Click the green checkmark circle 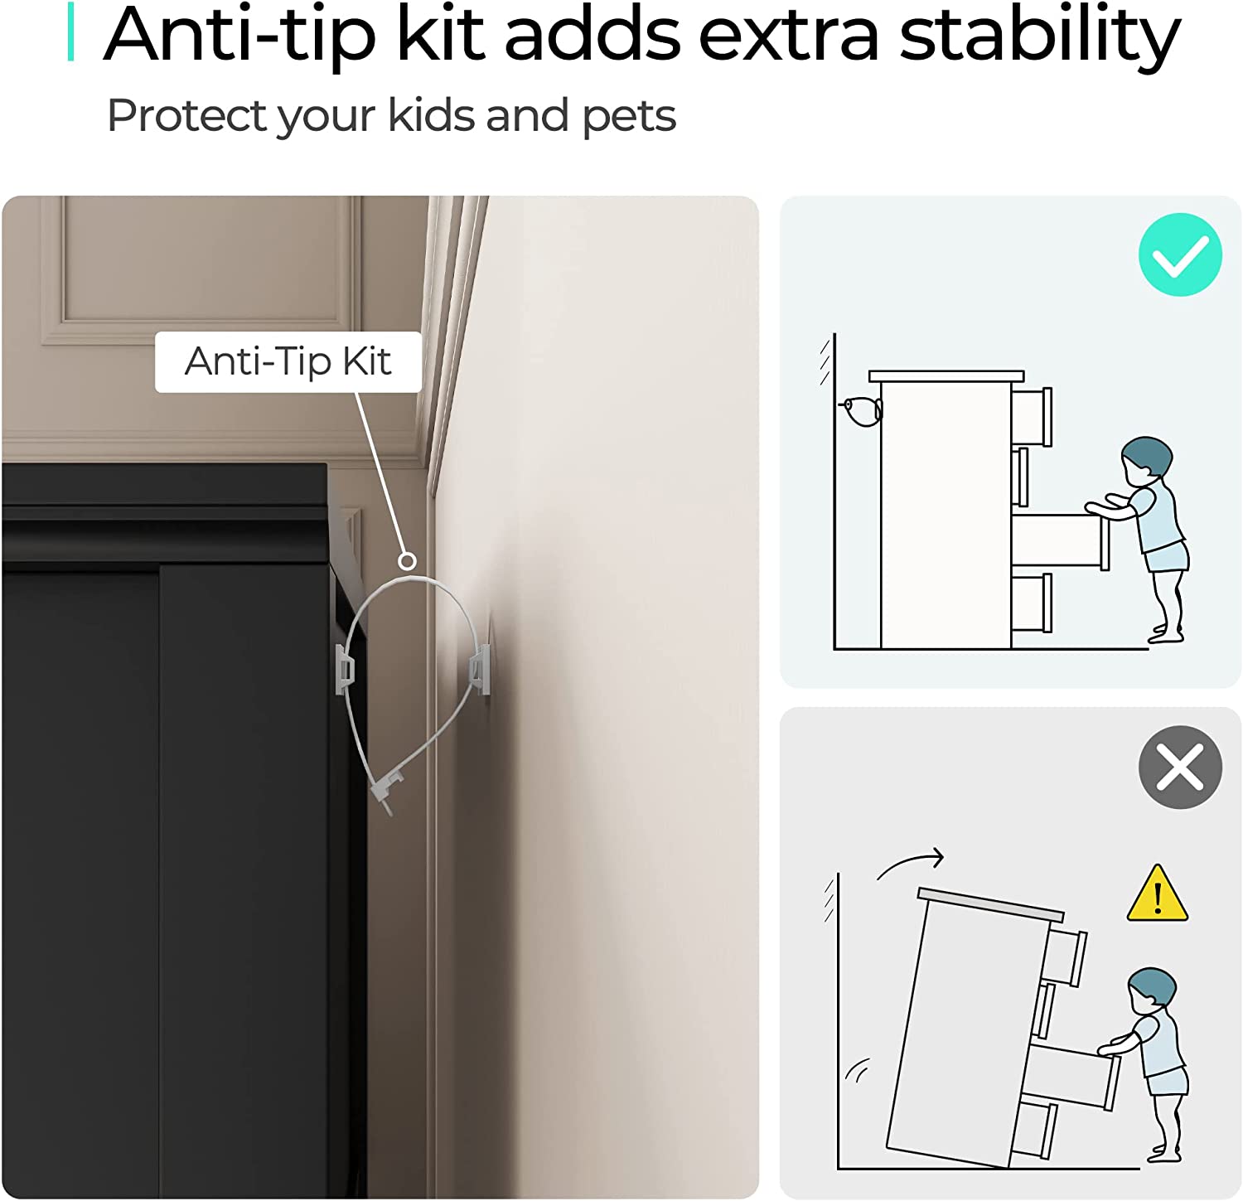[1180, 254]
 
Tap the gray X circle [1180, 768]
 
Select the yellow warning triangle [1158, 894]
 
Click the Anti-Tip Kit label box [288, 362]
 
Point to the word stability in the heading [1040, 35]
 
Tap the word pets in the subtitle [629, 117]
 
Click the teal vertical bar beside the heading [71, 31]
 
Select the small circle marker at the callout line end [407, 561]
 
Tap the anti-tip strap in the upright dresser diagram [862, 410]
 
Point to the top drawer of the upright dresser [1032, 416]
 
